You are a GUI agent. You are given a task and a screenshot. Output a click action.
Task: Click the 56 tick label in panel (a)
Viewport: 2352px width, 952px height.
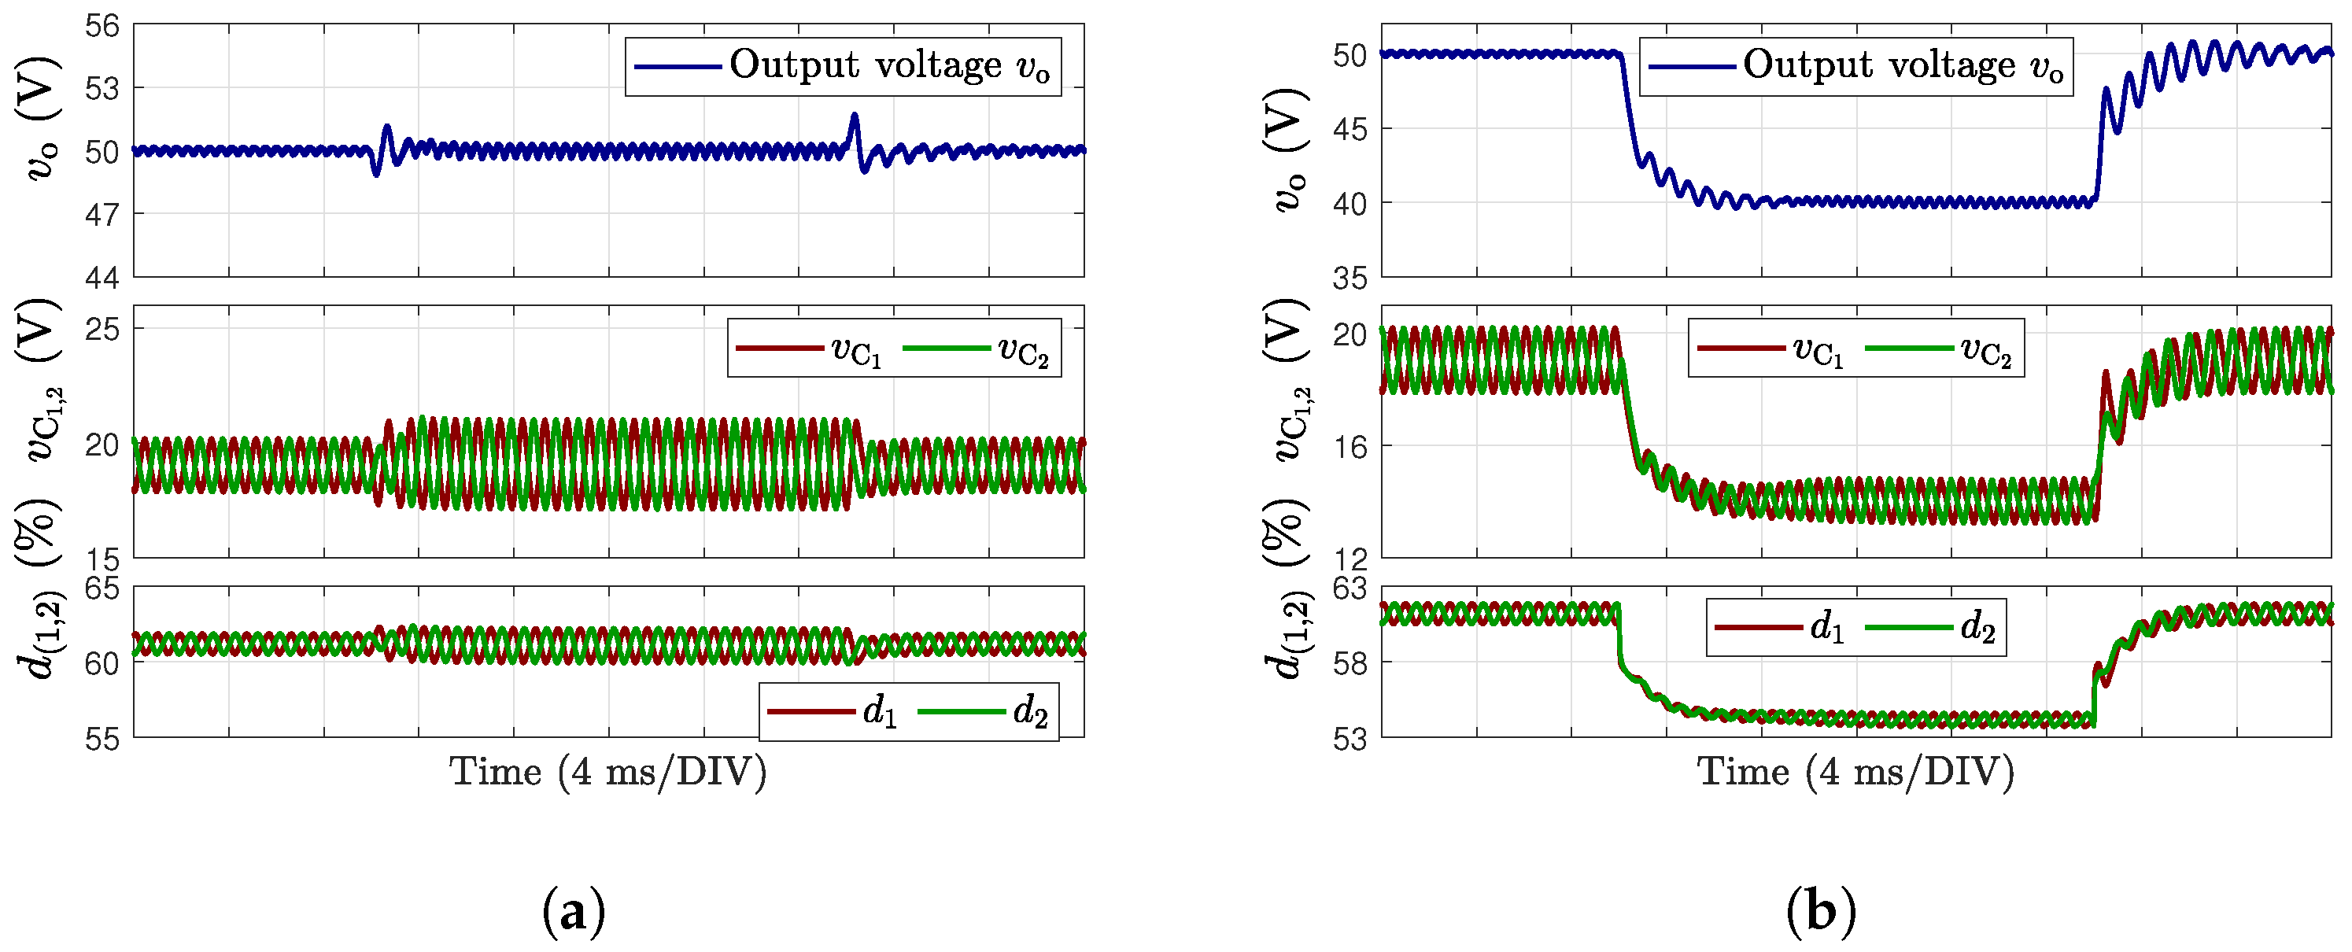tap(102, 25)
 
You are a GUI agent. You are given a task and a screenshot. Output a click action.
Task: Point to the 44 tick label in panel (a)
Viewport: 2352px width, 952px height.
tap(102, 278)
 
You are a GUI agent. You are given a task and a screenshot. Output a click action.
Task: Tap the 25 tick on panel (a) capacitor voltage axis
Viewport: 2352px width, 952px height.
tap(102, 329)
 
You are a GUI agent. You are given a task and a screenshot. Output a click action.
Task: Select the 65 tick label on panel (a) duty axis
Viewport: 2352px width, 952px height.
tap(102, 588)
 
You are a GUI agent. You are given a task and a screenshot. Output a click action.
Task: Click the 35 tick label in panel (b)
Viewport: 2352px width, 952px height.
tap(1350, 279)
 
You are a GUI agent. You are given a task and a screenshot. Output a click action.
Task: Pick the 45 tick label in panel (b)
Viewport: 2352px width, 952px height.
tap(1350, 129)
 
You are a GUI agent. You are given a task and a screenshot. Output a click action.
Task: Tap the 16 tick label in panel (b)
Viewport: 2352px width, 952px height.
tap(1350, 446)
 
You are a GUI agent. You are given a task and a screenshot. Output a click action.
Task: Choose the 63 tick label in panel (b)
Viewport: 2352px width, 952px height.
tap(1350, 588)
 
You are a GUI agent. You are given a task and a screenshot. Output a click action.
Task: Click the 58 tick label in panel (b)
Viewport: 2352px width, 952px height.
tap(1350, 662)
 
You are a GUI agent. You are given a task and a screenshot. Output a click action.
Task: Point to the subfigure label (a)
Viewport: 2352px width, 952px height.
tap(574, 912)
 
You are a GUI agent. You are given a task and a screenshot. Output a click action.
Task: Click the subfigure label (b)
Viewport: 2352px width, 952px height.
tap(1821, 912)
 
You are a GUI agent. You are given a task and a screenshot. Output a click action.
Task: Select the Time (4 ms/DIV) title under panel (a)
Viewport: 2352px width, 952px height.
tap(608, 772)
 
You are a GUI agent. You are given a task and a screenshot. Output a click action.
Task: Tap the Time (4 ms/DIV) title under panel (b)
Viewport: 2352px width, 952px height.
tap(1855, 772)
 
